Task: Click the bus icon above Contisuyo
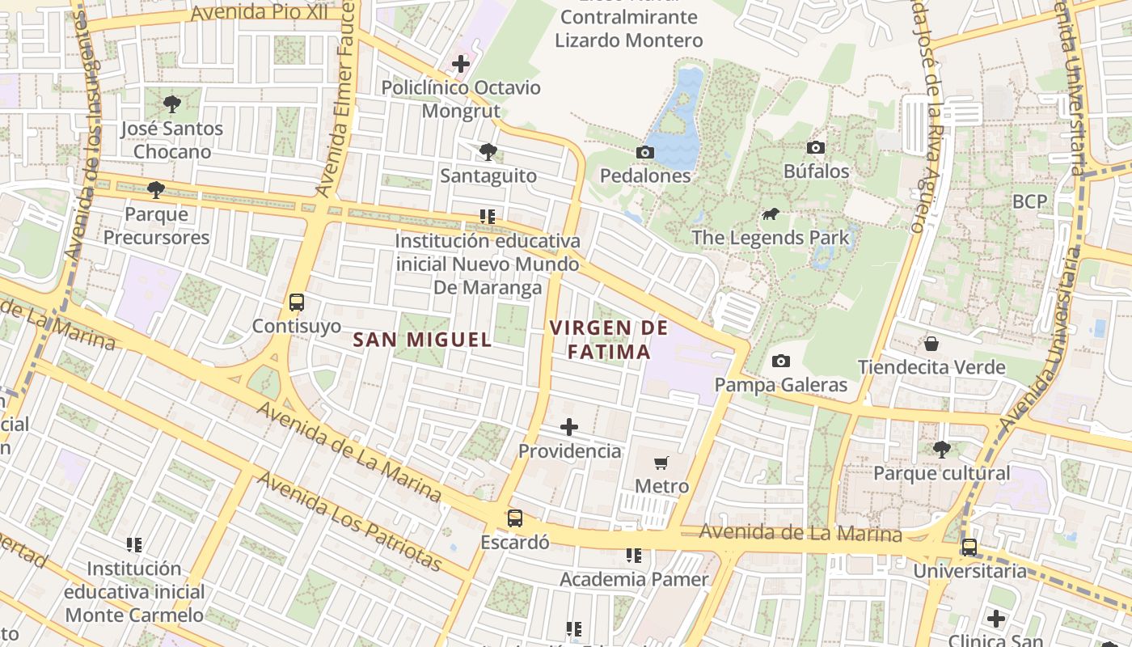(x=297, y=302)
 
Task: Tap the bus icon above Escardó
(x=514, y=518)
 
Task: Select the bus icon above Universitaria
(x=969, y=548)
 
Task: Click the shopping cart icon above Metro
(x=661, y=463)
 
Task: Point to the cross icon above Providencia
(x=569, y=427)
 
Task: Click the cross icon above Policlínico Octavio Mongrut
(x=461, y=63)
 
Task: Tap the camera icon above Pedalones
(x=644, y=152)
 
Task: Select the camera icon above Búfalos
(x=816, y=147)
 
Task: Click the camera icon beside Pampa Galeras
(x=780, y=361)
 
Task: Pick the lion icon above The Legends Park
(x=771, y=214)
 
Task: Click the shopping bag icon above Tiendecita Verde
(x=931, y=344)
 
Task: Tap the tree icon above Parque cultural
(x=941, y=449)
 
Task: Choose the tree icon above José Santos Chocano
(x=171, y=104)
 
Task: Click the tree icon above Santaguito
(x=488, y=152)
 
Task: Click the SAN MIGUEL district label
(x=422, y=340)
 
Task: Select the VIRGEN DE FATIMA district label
(x=609, y=340)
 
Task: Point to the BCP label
(x=1029, y=201)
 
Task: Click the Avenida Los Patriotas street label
(x=350, y=522)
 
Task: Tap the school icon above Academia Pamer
(x=634, y=556)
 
